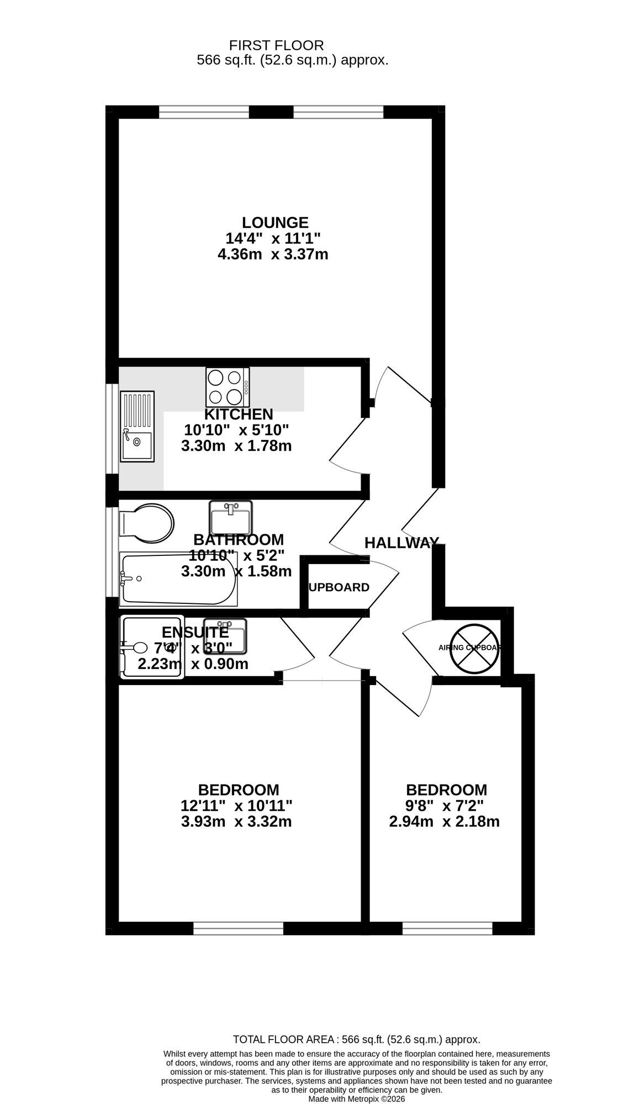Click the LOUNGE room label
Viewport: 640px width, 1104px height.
click(x=275, y=222)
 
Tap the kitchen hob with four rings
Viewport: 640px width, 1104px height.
click(x=228, y=386)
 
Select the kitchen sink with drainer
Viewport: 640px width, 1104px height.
click(x=137, y=426)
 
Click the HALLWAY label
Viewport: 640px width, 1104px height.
click(x=401, y=543)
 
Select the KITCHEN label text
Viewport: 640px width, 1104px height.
click(x=239, y=414)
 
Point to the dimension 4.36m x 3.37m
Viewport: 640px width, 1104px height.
click(x=273, y=254)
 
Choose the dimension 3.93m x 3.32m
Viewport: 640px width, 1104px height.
click(x=236, y=821)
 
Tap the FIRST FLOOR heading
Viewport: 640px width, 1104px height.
click(x=276, y=45)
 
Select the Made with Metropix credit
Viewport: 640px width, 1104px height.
click(x=357, y=1099)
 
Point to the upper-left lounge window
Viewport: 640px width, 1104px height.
click(x=204, y=112)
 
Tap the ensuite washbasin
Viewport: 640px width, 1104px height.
click(x=225, y=635)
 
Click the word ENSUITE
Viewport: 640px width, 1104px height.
click(x=195, y=632)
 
